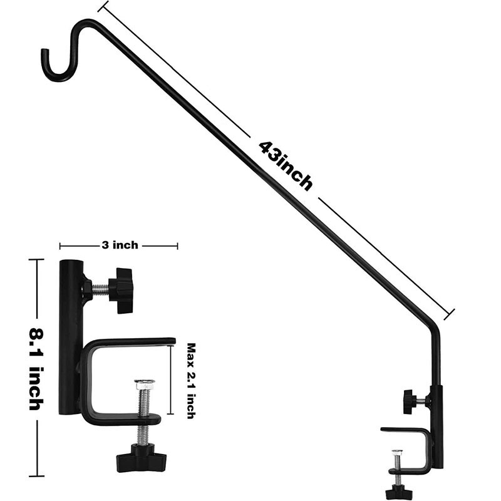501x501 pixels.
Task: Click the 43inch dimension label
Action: (286, 165)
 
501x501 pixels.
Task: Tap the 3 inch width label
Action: (120, 245)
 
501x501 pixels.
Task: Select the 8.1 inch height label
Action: (36, 369)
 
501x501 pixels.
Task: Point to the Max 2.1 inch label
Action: (191, 381)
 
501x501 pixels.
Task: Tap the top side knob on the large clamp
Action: (121, 291)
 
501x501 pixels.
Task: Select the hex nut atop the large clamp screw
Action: (145, 384)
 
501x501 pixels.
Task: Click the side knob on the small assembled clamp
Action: (410, 401)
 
